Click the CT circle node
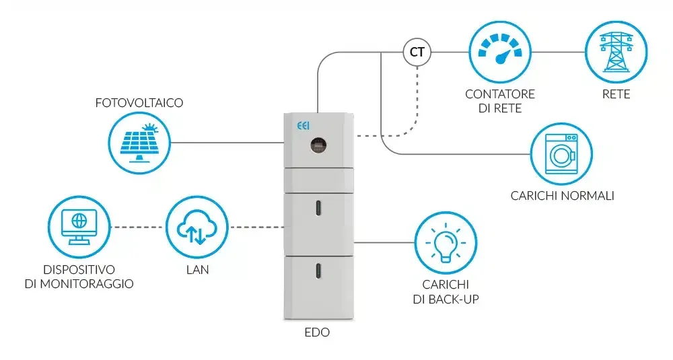(x=417, y=52)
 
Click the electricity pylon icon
(x=616, y=52)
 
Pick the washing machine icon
(x=561, y=154)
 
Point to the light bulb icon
(x=446, y=242)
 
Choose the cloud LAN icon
(x=197, y=227)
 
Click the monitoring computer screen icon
(x=79, y=227)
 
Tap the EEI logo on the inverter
(x=304, y=126)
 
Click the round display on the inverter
(x=318, y=145)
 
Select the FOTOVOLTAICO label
(x=139, y=103)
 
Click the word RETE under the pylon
(x=616, y=94)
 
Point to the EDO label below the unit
(x=317, y=332)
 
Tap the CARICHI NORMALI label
(x=562, y=196)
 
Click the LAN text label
(x=197, y=270)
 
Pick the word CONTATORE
(x=500, y=94)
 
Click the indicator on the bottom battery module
(x=318, y=271)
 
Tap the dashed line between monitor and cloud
(x=138, y=227)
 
